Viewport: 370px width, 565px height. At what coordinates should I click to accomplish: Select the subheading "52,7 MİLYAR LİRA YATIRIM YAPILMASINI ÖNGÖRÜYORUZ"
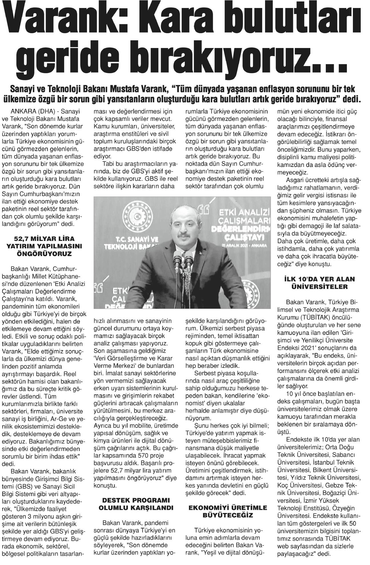tap(43, 246)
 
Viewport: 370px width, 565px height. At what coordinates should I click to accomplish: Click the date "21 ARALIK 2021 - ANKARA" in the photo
tap(248, 245)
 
